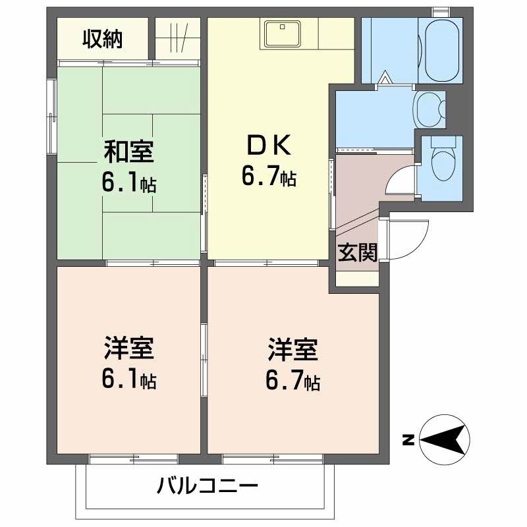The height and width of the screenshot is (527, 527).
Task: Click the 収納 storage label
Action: pos(102,40)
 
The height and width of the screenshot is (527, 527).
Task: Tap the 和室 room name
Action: pos(128,153)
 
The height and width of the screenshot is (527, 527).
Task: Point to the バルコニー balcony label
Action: pos(208,487)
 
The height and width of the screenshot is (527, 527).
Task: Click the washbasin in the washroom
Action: pos(429,108)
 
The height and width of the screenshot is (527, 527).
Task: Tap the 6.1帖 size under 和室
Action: pos(128,182)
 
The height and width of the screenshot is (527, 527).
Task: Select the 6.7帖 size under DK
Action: pos(268,176)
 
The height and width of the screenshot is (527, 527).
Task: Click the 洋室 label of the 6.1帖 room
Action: pos(128,348)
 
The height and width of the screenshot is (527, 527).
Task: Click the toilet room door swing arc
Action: pos(399,179)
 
